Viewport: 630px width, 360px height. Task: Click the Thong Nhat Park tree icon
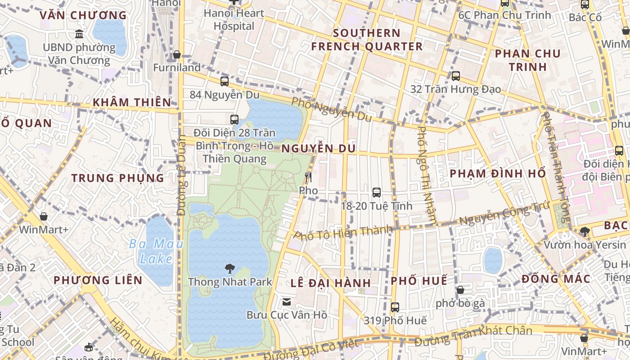click(x=230, y=269)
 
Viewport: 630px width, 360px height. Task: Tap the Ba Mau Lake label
click(x=156, y=251)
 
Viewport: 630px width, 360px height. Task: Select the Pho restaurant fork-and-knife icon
click(x=308, y=177)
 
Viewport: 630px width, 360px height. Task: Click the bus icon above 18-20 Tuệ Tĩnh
click(x=377, y=193)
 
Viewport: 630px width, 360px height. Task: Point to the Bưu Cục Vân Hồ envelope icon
click(x=287, y=302)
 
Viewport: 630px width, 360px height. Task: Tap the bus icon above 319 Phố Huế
click(x=395, y=307)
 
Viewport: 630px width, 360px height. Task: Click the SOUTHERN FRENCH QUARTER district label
click(x=367, y=40)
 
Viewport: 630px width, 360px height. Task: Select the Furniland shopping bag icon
click(x=177, y=54)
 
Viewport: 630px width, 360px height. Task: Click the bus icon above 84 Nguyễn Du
click(x=225, y=81)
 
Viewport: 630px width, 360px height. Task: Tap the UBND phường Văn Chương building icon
click(x=79, y=34)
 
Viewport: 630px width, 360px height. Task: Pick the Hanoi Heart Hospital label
click(x=234, y=19)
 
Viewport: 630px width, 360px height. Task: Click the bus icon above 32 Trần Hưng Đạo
click(x=456, y=76)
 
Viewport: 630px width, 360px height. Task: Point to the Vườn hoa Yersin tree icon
click(x=585, y=232)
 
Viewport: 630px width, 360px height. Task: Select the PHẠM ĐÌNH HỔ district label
click(x=498, y=174)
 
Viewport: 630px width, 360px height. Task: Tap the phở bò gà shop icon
click(x=460, y=290)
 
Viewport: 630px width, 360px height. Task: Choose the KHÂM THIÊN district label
click(x=132, y=102)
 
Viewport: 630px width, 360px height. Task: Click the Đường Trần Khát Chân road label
click(x=473, y=336)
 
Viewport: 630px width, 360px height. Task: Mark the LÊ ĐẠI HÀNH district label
click(x=331, y=283)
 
